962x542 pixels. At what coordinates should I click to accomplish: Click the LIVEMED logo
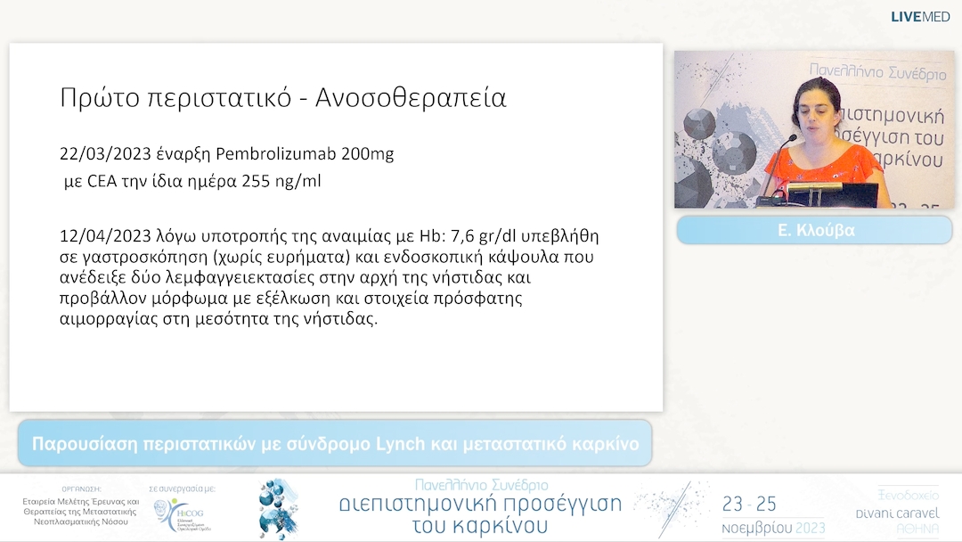click(920, 16)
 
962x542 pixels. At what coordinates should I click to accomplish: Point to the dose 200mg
click(367, 153)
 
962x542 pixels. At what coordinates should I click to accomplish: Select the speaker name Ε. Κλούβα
click(815, 230)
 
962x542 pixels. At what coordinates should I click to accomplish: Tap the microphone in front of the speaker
click(790, 140)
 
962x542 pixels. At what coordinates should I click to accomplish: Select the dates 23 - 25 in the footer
click(750, 505)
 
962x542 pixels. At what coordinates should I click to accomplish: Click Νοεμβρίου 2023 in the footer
click(772, 527)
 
